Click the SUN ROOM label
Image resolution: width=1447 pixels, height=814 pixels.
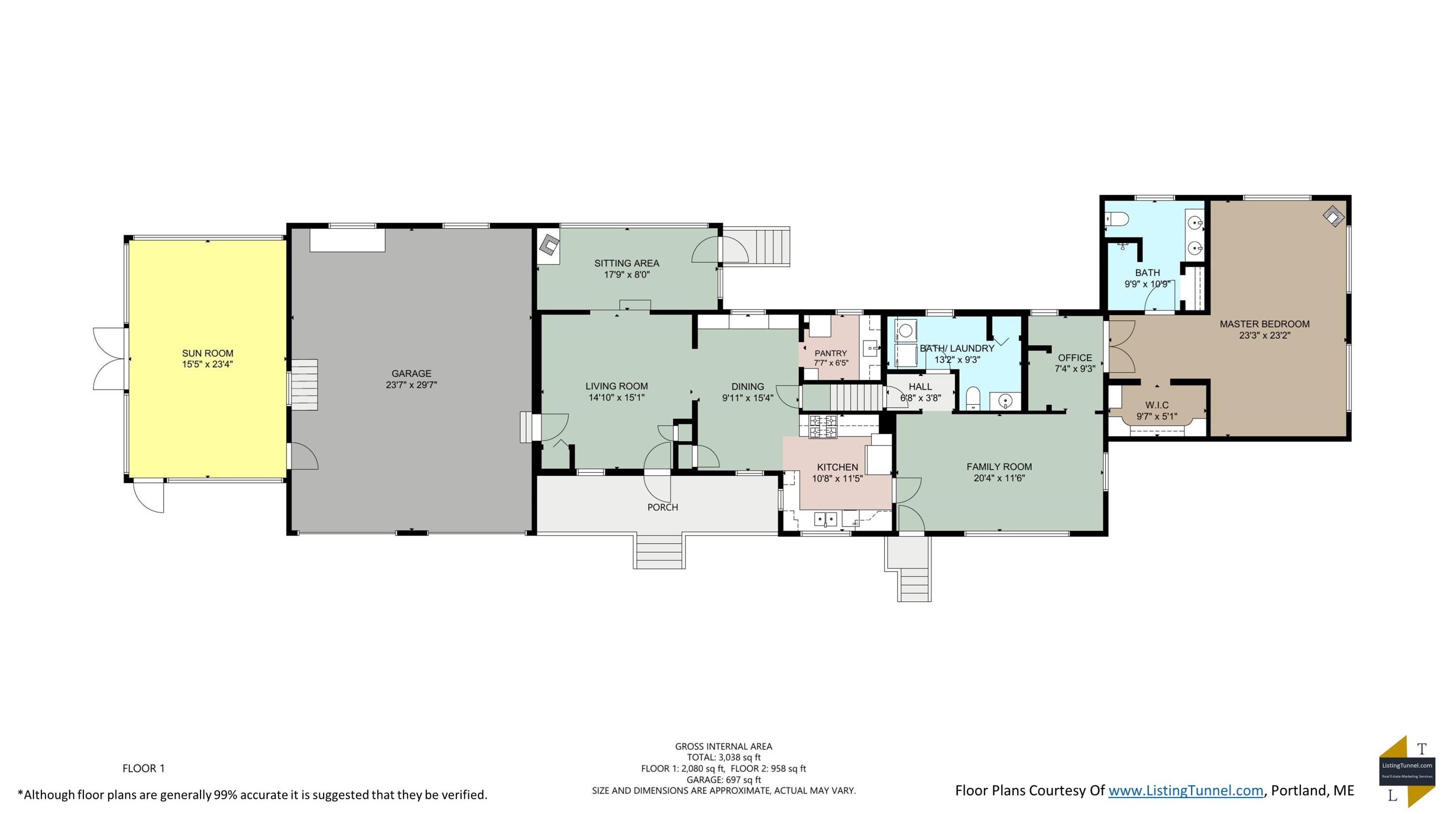coord(207,353)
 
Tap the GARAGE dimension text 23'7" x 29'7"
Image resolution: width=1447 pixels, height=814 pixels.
coord(411,385)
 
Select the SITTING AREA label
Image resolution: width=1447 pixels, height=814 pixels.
coord(627,263)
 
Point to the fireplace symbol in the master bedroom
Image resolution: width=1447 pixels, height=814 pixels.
coord(1334,216)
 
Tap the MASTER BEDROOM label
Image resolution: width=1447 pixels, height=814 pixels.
coord(1265,324)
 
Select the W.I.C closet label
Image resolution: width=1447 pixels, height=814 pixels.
coord(1157,405)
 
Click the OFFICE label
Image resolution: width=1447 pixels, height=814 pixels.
coord(1075,358)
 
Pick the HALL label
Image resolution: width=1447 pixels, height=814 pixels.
coord(920,386)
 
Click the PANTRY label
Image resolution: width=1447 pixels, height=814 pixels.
coord(831,353)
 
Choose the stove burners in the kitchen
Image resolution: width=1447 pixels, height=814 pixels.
coord(823,426)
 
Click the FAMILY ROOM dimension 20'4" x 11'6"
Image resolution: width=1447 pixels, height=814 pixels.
coord(999,479)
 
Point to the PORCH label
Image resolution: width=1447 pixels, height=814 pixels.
coord(663,507)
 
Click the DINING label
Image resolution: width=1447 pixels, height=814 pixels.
coord(748,386)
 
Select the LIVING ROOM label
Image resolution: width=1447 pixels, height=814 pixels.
coord(617,386)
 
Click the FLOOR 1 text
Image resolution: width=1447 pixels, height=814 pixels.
coord(144,769)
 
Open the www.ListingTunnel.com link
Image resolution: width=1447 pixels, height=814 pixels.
coord(1186,791)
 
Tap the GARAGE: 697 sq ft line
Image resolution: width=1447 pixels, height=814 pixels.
coord(723,780)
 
